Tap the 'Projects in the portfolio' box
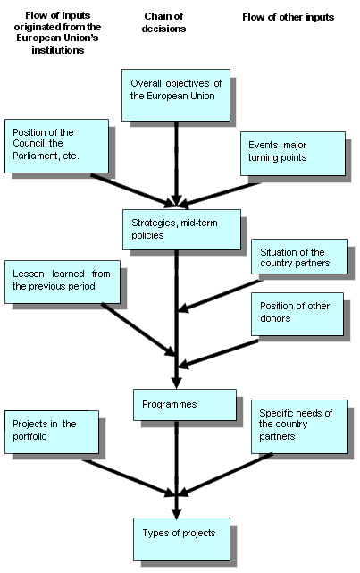[x=51, y=431]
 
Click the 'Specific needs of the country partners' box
[x=298, y=426]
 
